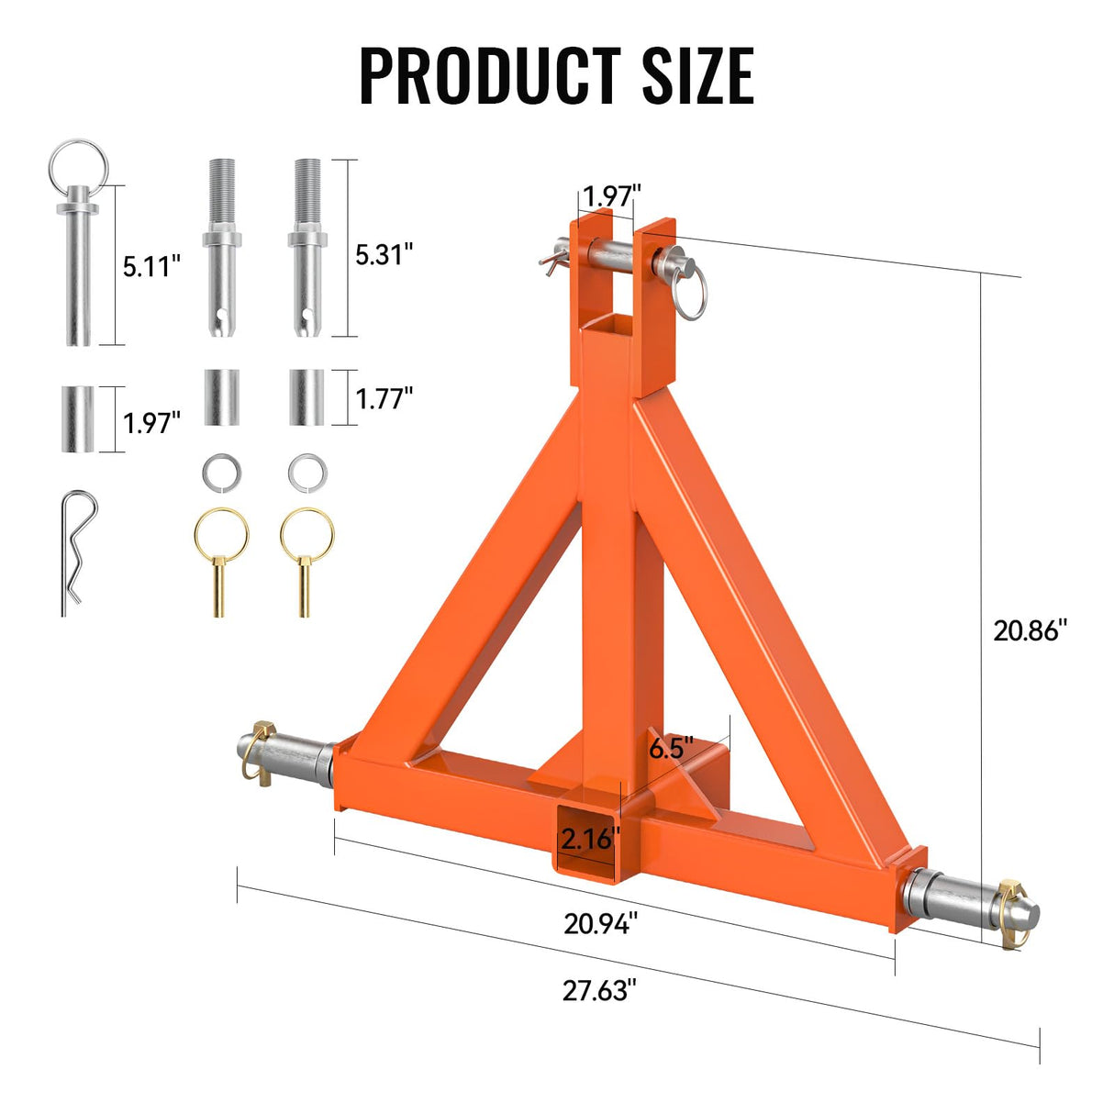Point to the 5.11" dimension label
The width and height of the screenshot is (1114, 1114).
152,267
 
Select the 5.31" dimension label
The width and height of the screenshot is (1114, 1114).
384,254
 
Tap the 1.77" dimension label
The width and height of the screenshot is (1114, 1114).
384,398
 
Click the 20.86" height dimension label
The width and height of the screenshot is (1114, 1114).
1030,630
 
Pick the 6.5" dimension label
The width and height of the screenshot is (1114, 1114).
671,748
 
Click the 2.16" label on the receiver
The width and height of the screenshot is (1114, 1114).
590,838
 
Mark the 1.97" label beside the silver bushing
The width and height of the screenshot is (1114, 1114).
152,422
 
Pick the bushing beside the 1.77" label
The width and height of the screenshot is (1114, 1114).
306,397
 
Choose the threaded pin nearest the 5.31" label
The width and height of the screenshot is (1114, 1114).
306,249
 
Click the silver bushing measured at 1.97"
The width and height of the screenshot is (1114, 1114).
78,418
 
